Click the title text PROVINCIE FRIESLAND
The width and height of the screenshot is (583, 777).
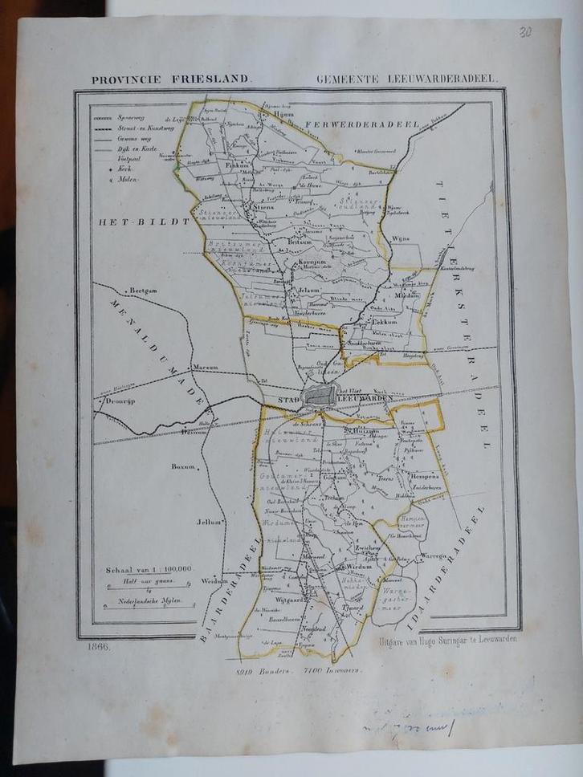171,80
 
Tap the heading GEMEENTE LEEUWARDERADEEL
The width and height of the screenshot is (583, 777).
407,80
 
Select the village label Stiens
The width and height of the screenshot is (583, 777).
265,207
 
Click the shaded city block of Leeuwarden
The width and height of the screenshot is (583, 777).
320,395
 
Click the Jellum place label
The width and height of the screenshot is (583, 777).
208,522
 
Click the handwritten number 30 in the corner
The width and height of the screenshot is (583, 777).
524,32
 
